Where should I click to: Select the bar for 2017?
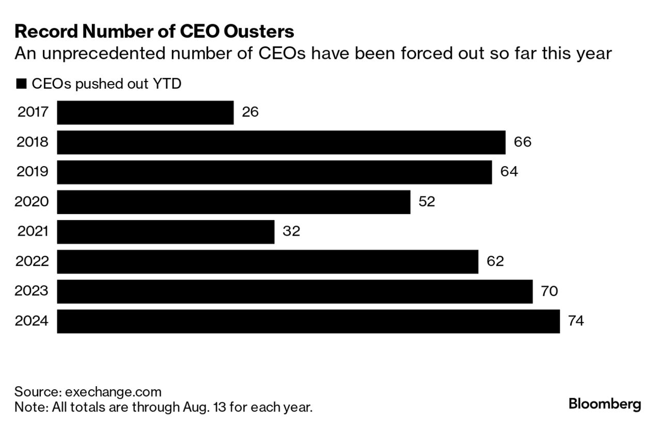click(145, 112)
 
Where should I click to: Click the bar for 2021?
click(165, 232)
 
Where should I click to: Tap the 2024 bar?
click(308, 321)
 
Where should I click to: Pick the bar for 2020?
click(233, 202)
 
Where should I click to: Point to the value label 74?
click(576, 321)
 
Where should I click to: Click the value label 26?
click(250, 112)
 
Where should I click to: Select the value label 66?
click(522, 142)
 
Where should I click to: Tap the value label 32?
click(291, 232)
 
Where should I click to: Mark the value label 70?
click(549, 291)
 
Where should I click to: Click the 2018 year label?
click(33, 142)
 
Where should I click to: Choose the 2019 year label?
click(33, 172)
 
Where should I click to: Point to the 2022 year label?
click(32, 261)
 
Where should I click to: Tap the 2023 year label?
click(32, 291)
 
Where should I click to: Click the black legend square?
click(21, 84)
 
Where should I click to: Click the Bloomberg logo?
click(604, 404)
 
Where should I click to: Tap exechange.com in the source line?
click(113, 391)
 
